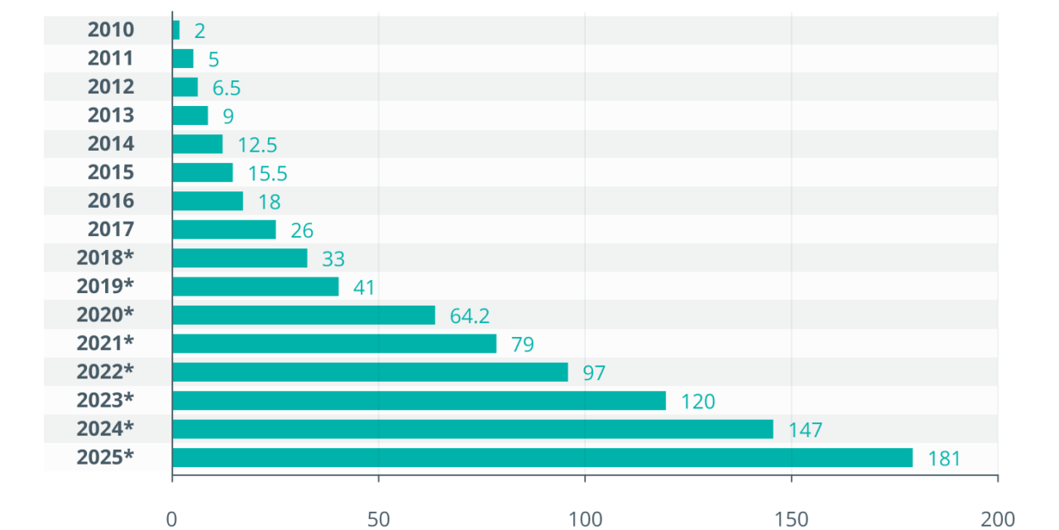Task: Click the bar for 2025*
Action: [542, 457]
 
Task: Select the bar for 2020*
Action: [304, 315]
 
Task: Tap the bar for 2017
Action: [224, 229]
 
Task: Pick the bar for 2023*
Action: [419, 401]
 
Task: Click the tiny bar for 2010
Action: [175, 31]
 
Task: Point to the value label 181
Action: [944, 458]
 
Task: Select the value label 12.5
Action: [257, 145]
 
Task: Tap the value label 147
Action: [805, 430]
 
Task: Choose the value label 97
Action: [594, 373]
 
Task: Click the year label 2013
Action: [111, 115]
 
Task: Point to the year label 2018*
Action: [105, 258]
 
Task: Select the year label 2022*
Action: [105, 372]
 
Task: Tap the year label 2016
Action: [111, 201]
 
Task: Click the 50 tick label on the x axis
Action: [378, 519]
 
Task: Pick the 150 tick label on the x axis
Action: [791, 519]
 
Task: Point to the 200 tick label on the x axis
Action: [997, 519]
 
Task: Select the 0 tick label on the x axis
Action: [172, 519]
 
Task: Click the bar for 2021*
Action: [334, 344]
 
